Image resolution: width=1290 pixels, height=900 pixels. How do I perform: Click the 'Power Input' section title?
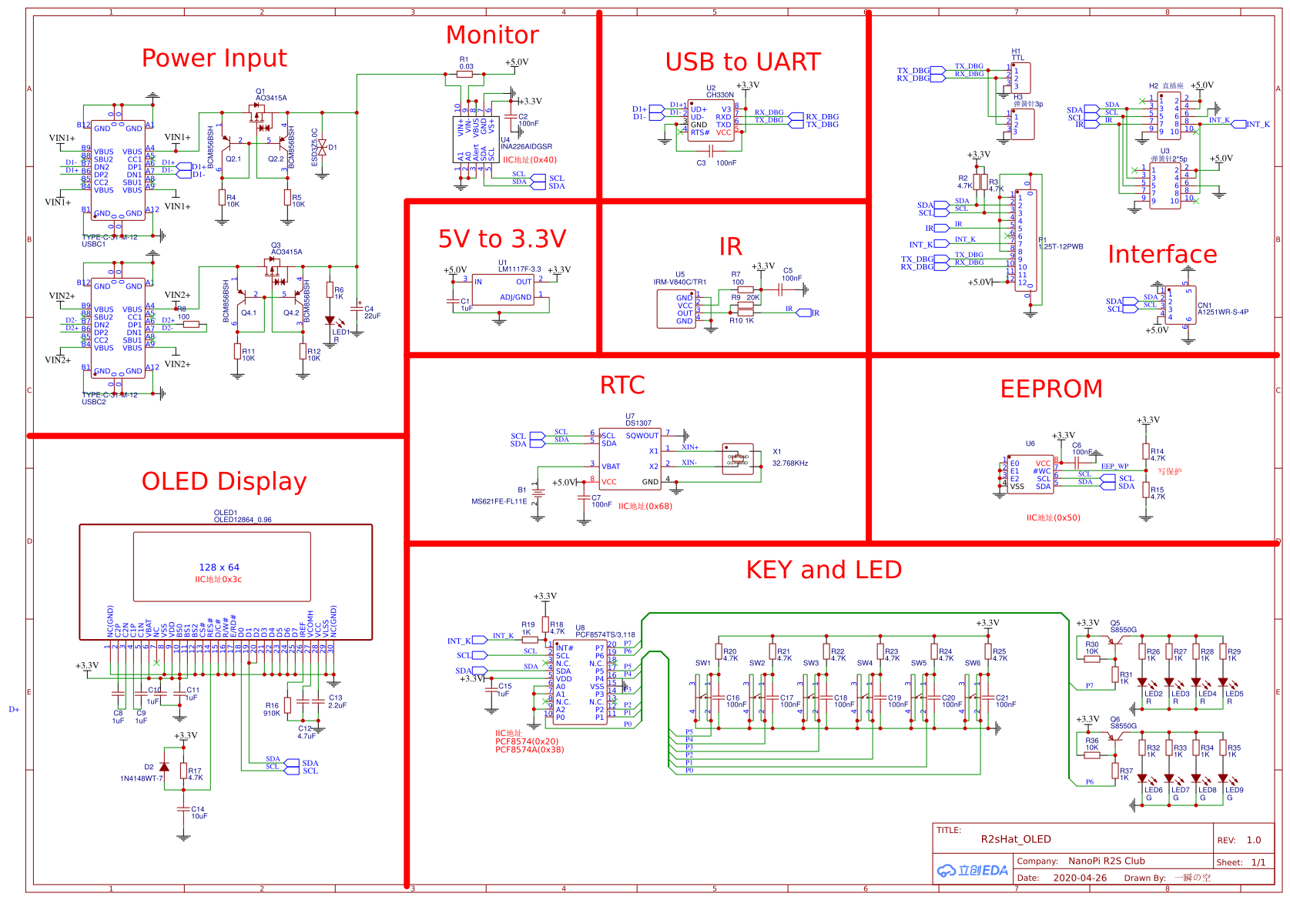[214, 59]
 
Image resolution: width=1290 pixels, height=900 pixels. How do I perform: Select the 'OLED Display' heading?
[224, 481]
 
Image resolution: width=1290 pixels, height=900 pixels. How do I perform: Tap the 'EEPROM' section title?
[1051, 389]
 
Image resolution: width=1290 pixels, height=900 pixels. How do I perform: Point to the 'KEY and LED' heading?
[823, 570]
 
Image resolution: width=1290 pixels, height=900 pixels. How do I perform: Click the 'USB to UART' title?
[742, 62]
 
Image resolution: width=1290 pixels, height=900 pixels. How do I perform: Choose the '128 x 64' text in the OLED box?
[219, 567]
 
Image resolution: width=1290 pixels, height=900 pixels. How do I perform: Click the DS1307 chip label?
[638, 423]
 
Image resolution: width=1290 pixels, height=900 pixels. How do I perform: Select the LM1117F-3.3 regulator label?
[519, 269]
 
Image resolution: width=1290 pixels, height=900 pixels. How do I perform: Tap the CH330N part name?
[720, 95]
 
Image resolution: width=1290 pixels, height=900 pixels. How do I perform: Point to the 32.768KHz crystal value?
[790, 463]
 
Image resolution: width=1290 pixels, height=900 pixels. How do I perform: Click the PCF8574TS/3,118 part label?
[605, 635]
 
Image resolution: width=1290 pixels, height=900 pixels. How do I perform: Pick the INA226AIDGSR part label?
[526, 146]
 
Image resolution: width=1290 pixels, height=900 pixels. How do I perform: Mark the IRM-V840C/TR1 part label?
[680, 283]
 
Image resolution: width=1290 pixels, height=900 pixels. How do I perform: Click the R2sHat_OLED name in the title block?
[1016, 839]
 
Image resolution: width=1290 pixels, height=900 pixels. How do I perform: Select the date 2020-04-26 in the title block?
[1080, 878]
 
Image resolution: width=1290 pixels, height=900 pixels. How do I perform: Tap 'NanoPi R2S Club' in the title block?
[1106, 861]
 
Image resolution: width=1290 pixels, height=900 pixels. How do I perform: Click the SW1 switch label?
[702, 663]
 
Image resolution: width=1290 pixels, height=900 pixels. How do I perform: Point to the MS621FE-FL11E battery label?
[499, 501]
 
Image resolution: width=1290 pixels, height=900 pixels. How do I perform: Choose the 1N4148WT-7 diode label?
[142, 778]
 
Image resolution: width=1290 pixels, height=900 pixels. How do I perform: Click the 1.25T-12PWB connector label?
[1061, 247]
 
